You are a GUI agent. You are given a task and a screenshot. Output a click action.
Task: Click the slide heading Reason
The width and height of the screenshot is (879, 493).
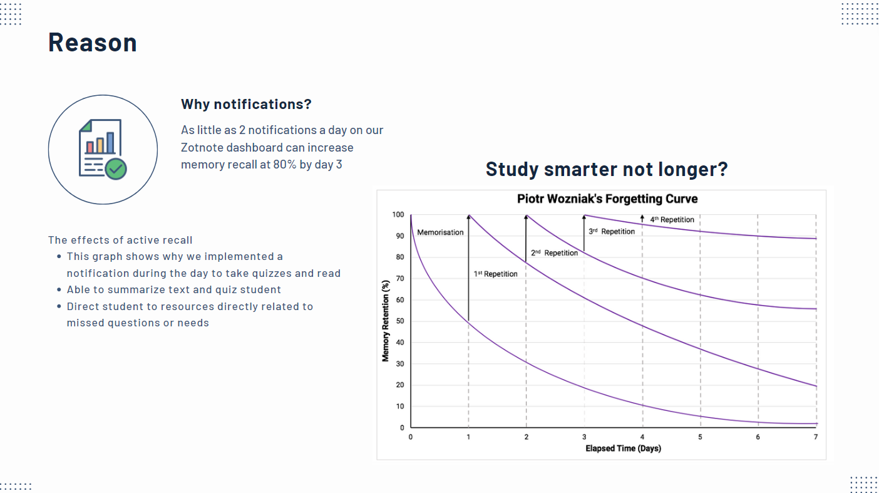(x=93, y=43)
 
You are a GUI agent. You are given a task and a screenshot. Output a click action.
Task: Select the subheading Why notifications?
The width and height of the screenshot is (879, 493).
(x=246, y=104)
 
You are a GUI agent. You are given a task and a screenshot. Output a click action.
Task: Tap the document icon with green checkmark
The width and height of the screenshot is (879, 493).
(x=103, y=150)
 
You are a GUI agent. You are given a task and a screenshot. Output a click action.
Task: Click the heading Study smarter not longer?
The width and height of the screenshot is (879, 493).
(x=607, y=169)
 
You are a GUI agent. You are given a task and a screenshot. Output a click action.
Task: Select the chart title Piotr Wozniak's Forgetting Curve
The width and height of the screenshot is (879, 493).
(x=607, y=199)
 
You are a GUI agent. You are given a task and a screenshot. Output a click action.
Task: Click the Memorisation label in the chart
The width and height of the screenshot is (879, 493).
(x=440, y=232)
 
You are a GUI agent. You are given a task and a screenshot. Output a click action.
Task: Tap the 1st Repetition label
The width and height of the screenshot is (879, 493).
(x=495, y=274)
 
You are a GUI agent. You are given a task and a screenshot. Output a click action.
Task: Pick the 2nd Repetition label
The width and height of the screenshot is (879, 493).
(x=554, y=253)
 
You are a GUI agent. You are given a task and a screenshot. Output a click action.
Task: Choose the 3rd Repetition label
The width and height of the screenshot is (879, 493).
(x=611, y=232)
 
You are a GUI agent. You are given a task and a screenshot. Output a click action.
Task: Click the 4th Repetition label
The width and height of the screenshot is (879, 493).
(x=671, y=220)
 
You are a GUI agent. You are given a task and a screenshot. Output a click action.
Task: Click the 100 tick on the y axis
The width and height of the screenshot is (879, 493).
(x=398, y=215)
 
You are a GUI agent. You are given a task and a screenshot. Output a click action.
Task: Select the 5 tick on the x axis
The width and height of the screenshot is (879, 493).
(x=700, y=437)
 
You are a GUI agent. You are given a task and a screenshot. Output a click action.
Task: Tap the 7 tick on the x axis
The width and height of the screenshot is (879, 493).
(x=816, y=437)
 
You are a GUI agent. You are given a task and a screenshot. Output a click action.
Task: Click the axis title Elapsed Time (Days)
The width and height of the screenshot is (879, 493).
(x=623, y=449)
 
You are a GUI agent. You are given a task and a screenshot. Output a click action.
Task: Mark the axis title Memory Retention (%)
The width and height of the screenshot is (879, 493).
(x=386, y=320)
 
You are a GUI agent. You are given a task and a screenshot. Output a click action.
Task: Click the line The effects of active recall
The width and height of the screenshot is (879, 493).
(x=120, y=240)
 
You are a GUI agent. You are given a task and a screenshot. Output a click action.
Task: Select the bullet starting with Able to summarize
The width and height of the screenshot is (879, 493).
(x=173, y=289)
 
